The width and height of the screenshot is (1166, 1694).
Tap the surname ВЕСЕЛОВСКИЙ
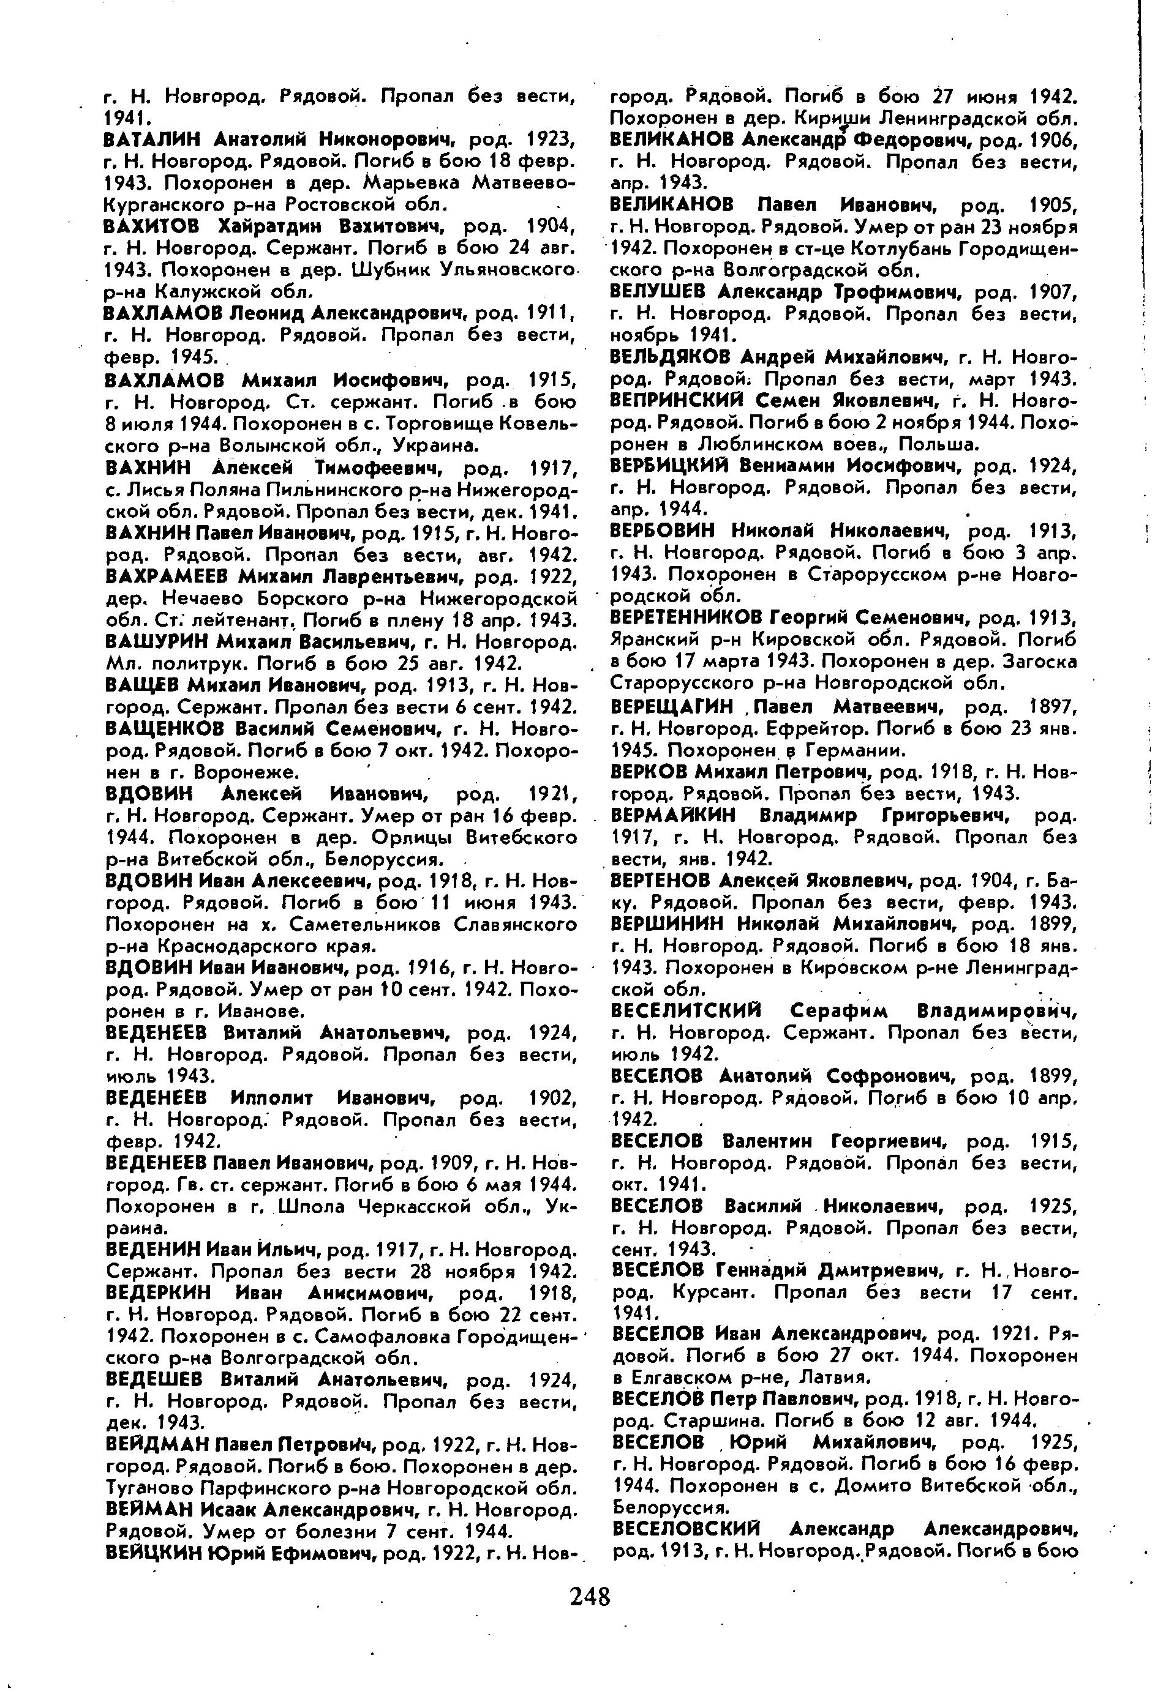coord(685,1529)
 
